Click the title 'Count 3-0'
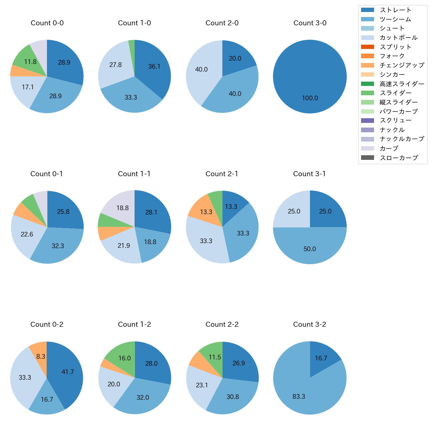tap(310, 23)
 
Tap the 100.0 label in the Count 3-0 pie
tap(310, 98)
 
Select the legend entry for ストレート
tap(395, 10)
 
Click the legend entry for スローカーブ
tap(399, 158)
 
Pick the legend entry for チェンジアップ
tap(402, 65)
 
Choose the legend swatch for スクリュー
tap(367, 121)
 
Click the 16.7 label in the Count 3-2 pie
tap(321, 358)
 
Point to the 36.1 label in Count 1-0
tap(154, 67)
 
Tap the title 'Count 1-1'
tap(134, 174)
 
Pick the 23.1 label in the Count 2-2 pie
tap(202, 385)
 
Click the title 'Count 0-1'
tap(47, 174)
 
